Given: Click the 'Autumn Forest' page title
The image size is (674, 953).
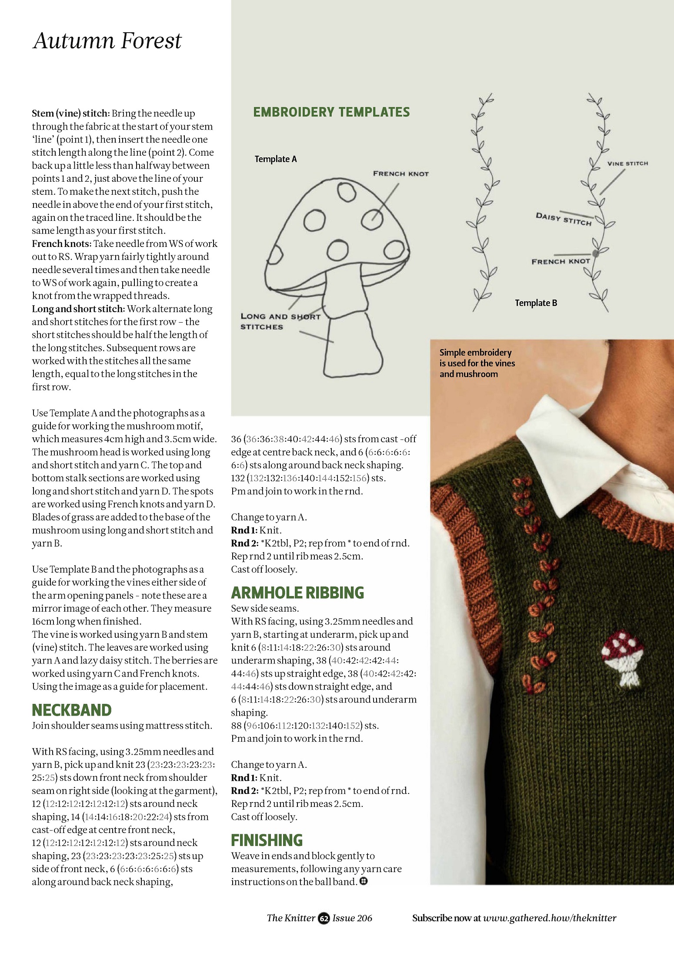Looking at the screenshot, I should coord(107,41).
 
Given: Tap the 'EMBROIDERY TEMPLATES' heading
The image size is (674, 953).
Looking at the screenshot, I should coord(331,112).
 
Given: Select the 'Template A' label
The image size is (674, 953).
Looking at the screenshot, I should coord(276,159).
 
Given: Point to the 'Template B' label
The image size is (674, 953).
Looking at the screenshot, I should coord(536,303).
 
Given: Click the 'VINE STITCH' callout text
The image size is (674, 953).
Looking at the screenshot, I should coord(627,163).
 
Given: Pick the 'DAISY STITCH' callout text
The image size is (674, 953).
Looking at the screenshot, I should coord(564,219).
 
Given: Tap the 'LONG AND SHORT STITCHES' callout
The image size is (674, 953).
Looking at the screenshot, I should coord(280,322).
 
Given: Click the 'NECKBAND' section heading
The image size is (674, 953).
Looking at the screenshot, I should coord(72,710).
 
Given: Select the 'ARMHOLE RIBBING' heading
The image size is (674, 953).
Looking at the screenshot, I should coord(297,593).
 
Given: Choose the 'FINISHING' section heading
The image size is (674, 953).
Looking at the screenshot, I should coord(267,840).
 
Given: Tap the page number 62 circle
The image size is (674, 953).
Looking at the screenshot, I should coord(324,918).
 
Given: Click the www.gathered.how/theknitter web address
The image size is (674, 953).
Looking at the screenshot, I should coord(550,918).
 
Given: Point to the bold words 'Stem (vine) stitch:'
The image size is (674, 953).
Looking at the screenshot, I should coord(70,113).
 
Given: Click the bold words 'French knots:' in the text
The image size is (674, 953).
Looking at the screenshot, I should coord(61,244).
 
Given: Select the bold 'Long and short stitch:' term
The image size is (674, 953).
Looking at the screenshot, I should coord(78,309).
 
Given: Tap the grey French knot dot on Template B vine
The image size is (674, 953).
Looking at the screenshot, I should coord(595,253).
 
